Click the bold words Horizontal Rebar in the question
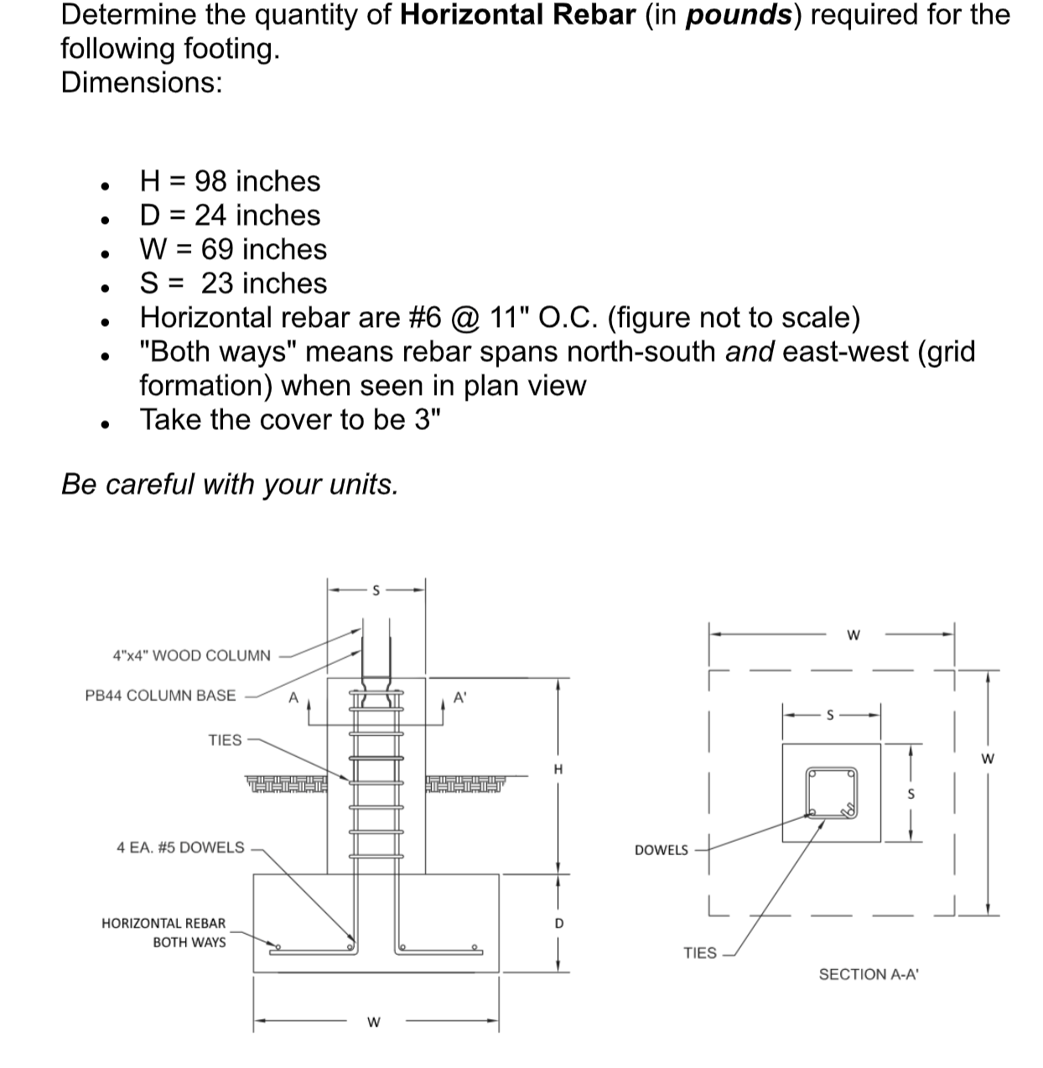pyautogui.click(x=517, y=16)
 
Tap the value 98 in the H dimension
pyautogui.click(x=210, y=181)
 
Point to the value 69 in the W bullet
pyautogui.click(x=216, y=249)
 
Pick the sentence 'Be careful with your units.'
pyautogui.click(x=230, y=484)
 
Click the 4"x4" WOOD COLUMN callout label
pyautogui.click(x=191, y=656)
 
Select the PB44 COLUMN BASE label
pyautogui.click(x=161, y=696)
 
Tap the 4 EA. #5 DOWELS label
pyautogui.click(x=180, y=848)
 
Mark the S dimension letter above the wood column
pyautogui.click(x=376, y=590)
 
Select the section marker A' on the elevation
pyautogui.click(x=459, y=697)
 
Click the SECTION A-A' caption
pyautogui.click(x=869, y=974)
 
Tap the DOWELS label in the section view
pyautogui.click(x=662, y=850)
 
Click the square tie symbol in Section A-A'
pyautogui.click(x=831, y=792)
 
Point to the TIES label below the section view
pyautogui.click(x=700, y=953)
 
